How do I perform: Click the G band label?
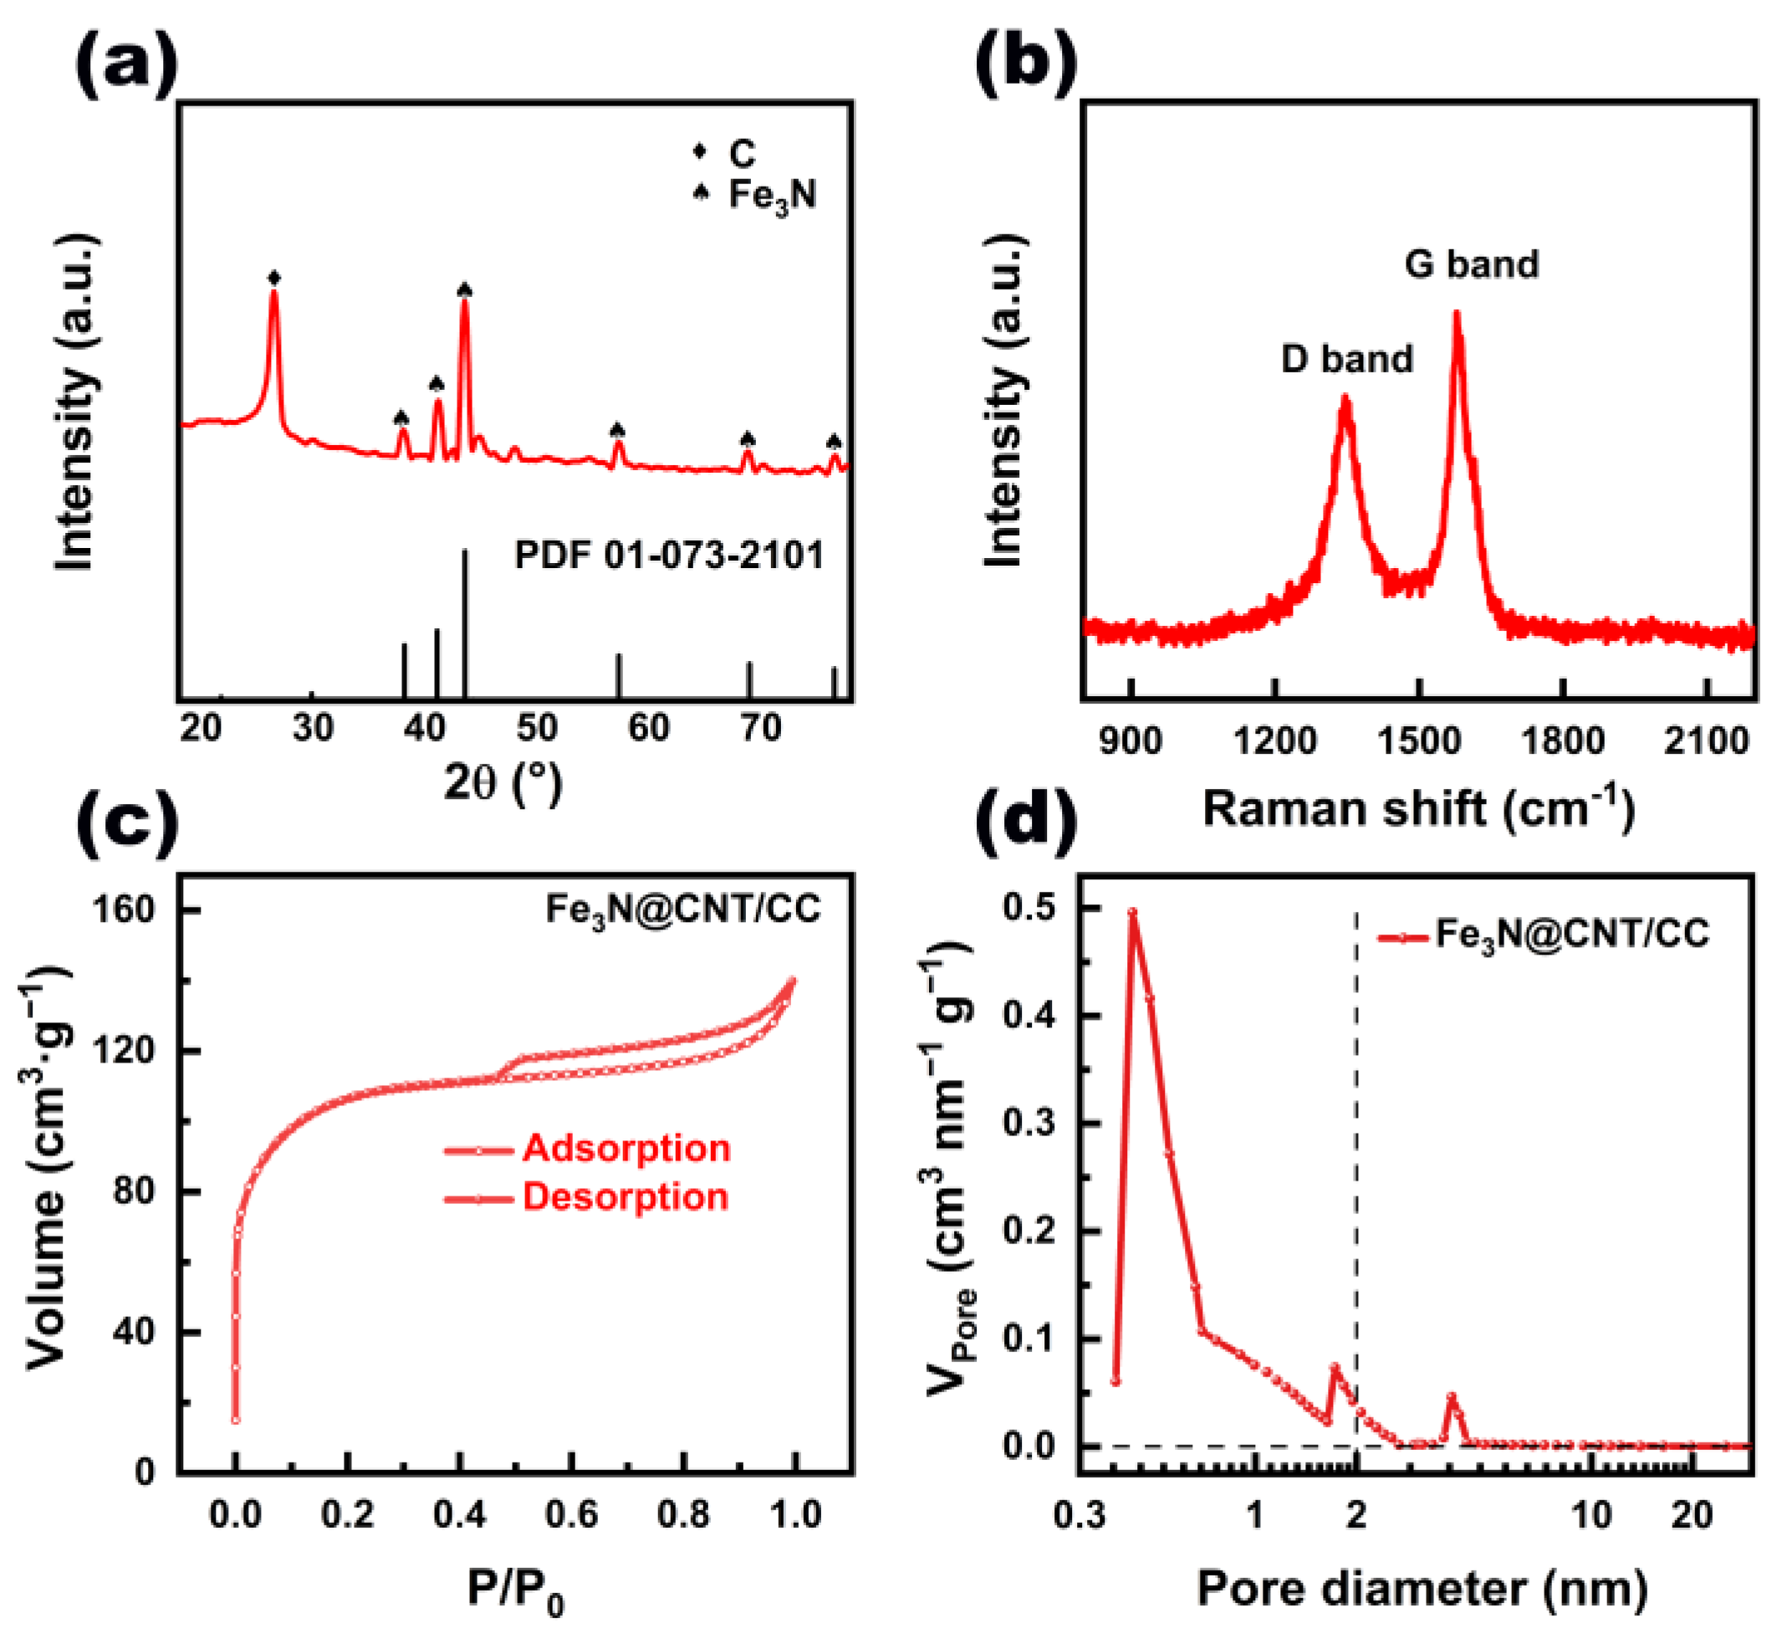(x=1471, y=264)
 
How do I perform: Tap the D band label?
(x=1347, y=359)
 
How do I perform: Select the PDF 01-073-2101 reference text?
(x=669, y=556)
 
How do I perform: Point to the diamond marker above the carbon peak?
(x=274, y=278)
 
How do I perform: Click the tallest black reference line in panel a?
(x=465, y=623)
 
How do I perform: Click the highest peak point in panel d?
(x=1132, y=913)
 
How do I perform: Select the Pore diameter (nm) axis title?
(x=1422, y=1588)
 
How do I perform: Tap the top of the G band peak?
(x=1457, y=313)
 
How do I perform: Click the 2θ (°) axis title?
(x=503, y=781)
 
